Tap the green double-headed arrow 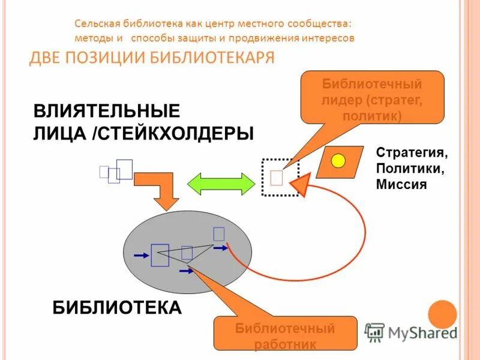click(221, 183)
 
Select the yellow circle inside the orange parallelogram click(339, 161)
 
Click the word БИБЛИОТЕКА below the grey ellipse click(117, 307)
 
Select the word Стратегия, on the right click(412, 152)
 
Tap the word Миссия click(401, 185)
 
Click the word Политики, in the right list click(410, 169)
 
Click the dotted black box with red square click(280, 178)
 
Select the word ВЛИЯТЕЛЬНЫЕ click(106, 111)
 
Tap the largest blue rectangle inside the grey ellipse click(160, 254)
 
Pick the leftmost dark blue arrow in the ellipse click(141, 256)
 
